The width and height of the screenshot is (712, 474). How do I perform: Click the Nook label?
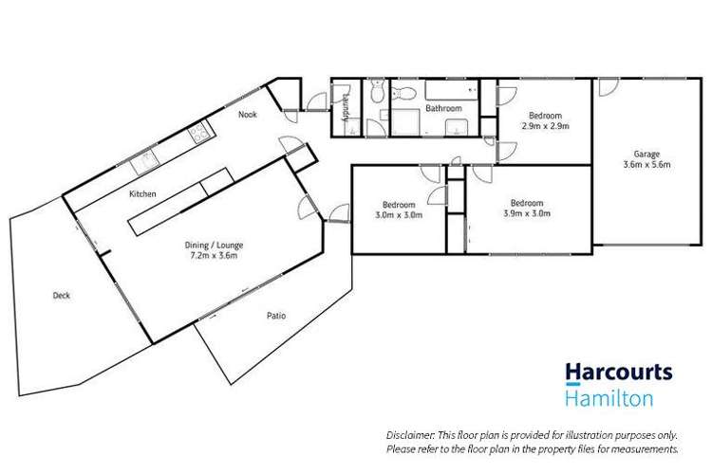[x=248, y=115]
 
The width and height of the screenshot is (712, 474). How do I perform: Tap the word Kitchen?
[x=142, y=193]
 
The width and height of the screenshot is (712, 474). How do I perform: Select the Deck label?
[x=60, y=295]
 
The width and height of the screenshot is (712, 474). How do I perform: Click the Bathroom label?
[x=442, y=109]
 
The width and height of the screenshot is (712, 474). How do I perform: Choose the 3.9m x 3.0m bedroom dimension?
[x=526, y=213]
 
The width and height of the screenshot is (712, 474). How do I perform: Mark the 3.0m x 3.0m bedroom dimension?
[x=398, y=214]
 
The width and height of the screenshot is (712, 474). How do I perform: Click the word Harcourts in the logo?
[x=620, y=374]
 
